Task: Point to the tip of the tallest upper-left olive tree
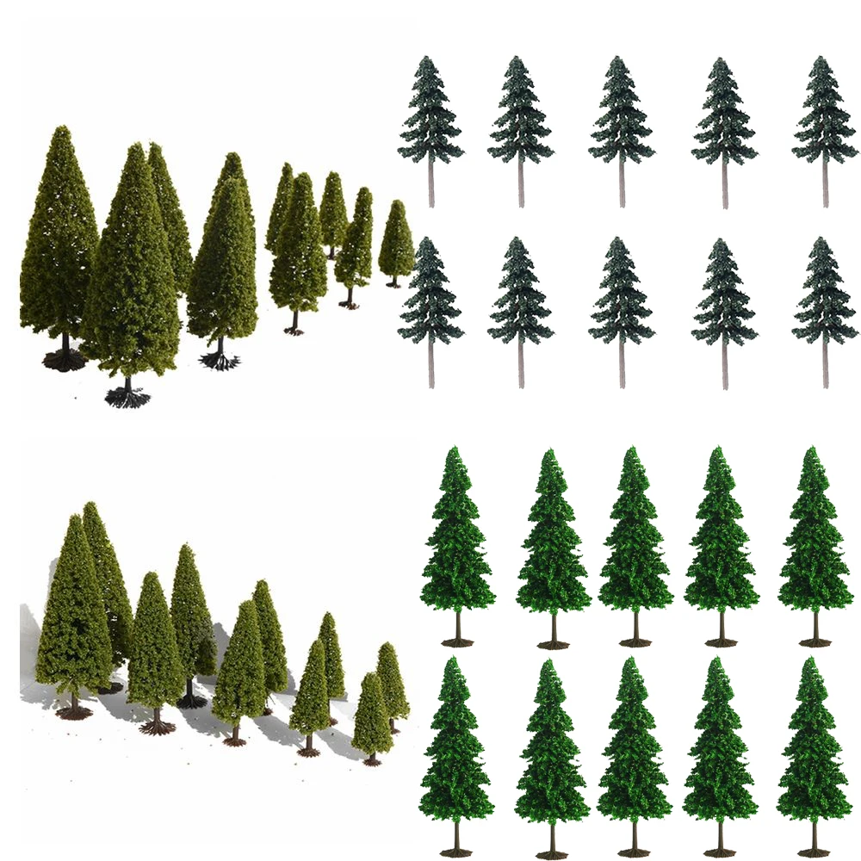tap(59, 129)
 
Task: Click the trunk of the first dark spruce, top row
tap(431, 185)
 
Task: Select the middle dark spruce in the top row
tap(622, 112)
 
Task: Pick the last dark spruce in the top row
tap(824, 112)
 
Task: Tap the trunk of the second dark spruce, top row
tap(521, 185)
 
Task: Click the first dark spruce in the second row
tap(430, 293)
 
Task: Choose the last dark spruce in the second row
tap(824, 293)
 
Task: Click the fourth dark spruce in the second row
tap(724, 293)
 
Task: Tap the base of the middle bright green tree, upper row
tap(635, 641)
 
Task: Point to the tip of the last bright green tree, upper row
tap(815, 449)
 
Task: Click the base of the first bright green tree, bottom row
tap(456, 852)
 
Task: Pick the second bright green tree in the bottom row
tap(551, 749)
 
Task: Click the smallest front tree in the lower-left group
tap(372, 719)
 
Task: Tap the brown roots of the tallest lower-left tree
tap(74, 711)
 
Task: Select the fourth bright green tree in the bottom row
tap(721, 749)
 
